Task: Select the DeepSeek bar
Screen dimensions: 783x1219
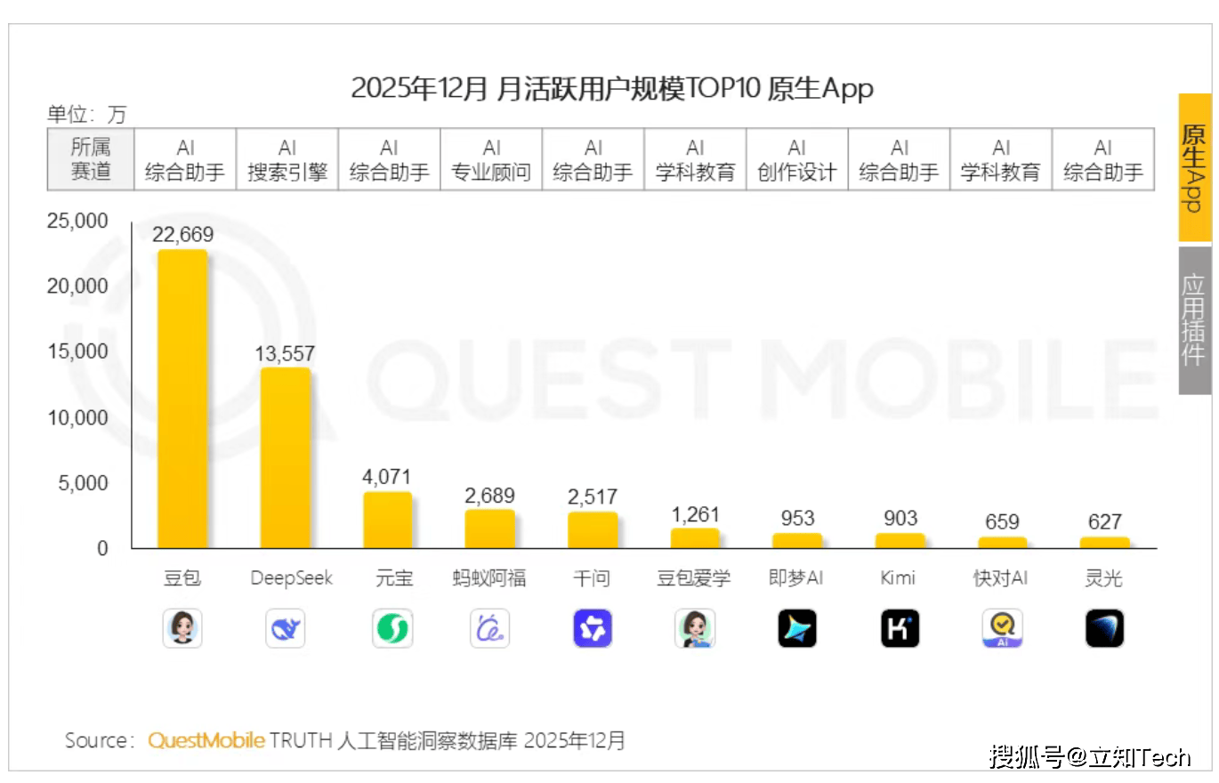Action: point(285,458)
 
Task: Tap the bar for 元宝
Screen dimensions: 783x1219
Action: point(387,520)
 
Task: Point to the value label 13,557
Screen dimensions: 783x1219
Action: point(285,354)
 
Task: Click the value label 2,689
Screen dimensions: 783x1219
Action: point(489,496)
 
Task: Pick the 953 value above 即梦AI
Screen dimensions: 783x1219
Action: point(797,519)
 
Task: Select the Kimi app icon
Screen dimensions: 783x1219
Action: point(900,629)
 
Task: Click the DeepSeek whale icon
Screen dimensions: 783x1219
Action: point(285,629)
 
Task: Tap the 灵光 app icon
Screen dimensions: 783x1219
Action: point(1104,629)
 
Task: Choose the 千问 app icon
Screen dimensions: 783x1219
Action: point(593,629)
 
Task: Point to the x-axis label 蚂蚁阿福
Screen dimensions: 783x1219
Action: point(489,578)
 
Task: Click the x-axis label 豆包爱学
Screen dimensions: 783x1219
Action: point(694,578)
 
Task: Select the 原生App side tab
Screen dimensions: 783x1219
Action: point(1194,167)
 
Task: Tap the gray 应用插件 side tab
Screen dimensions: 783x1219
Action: point(1194,320)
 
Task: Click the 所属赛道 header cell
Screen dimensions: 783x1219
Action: point(90,159)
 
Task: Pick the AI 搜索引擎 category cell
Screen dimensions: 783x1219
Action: point(287,159)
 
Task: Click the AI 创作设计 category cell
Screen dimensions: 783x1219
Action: point(796,159)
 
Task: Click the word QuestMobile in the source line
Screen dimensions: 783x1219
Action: point(206,740)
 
